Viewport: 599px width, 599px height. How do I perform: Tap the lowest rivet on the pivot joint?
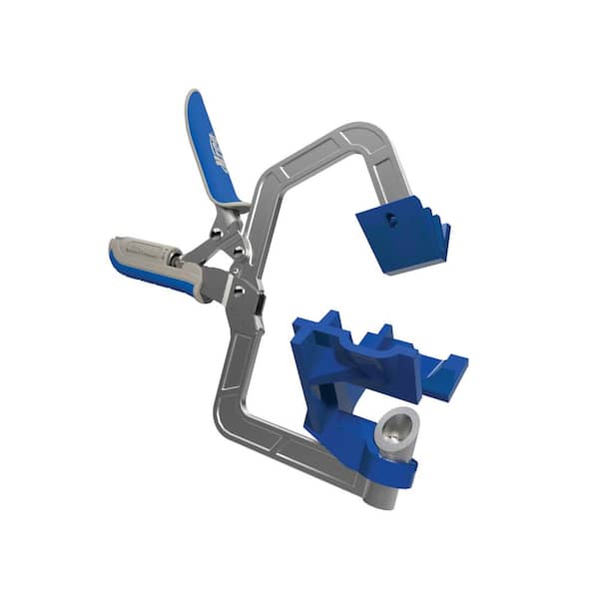tap(238, 292)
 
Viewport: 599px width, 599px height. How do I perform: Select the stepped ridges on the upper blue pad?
tap(424, 221)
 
